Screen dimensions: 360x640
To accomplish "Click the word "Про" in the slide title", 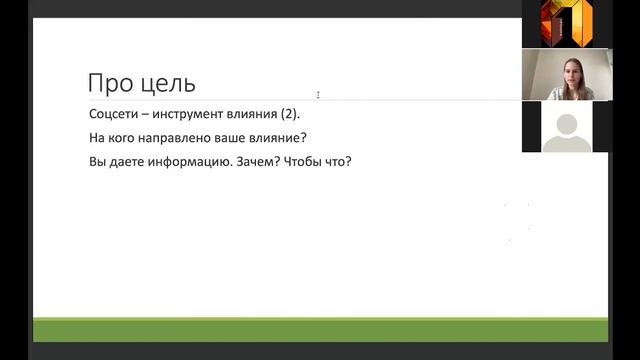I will [x=109, y=82].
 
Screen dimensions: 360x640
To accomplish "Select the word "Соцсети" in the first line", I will [x=112, y=114].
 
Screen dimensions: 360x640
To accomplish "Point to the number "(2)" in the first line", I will [x=285, y=114].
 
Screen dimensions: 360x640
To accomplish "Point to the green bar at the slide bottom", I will [x=320, y=329].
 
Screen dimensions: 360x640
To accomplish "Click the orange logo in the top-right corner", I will [x=566, y=23].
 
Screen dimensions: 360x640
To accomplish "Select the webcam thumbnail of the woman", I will [x=566, y=75].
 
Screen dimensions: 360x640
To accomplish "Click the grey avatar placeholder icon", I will [x=566, y=129].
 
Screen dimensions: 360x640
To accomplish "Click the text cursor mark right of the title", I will [x=318, y=95].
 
